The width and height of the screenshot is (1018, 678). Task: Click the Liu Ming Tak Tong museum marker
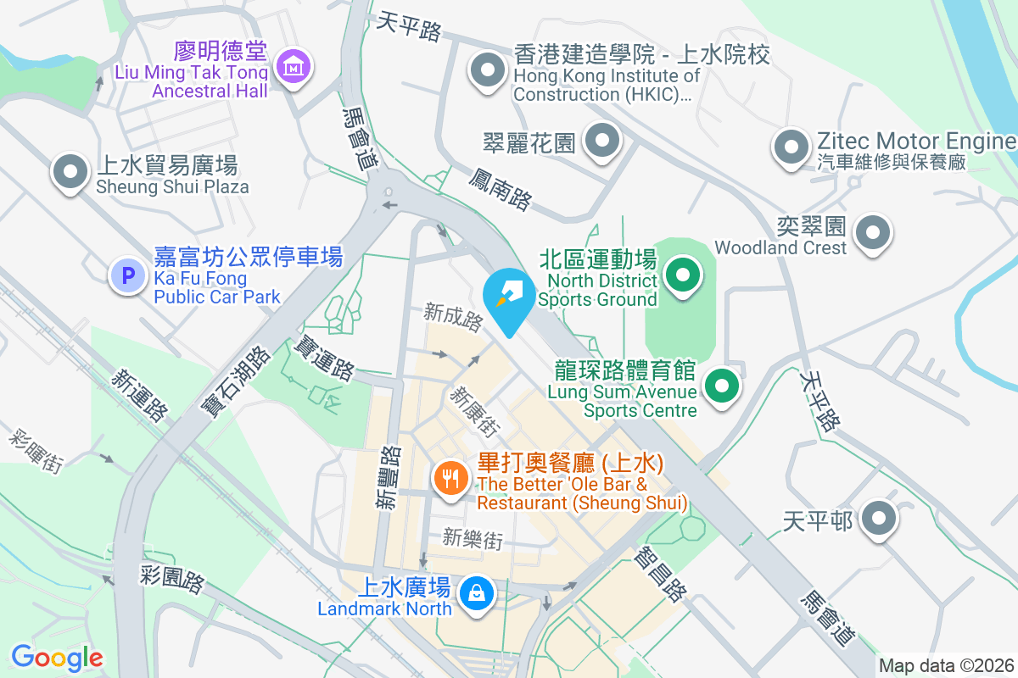coord(293,64)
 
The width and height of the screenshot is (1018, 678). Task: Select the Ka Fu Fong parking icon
coord(128,275)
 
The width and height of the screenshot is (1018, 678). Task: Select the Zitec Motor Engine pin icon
coord(791,147)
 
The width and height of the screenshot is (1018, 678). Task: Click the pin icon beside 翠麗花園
coord(602,141)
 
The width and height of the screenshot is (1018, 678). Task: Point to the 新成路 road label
coord(454,318)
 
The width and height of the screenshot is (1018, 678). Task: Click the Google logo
coord(57,657)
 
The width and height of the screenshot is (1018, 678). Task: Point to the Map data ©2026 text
coord(945,666)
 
